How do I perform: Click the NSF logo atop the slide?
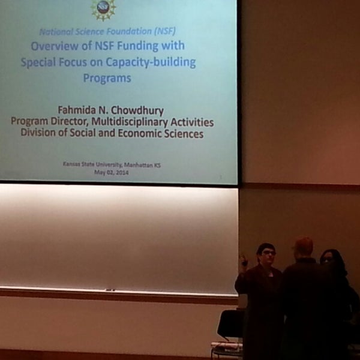click(103, 8)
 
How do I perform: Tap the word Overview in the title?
click(56, 46)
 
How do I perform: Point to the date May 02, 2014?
click(112, 172)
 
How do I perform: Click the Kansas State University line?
click(112, 164)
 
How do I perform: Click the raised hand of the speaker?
click(243, 260)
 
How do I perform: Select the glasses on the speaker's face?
click(268, 253)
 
